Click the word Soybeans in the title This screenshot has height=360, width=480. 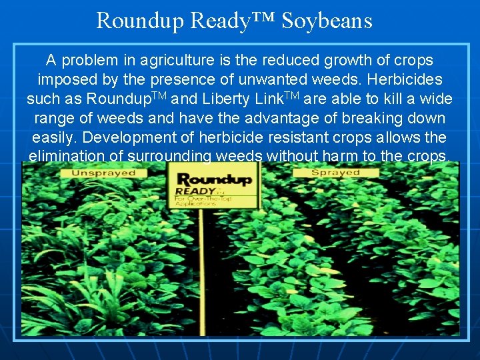click(x=327, y=20)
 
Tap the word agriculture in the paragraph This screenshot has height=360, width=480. click(x=178, y=61)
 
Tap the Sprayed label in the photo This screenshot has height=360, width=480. click(x=336, y=173)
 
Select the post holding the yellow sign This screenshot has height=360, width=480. click(x=203, y=267)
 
